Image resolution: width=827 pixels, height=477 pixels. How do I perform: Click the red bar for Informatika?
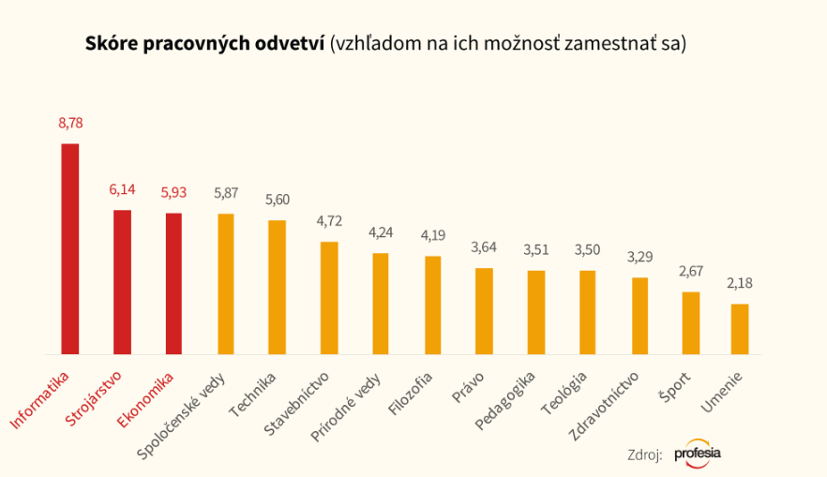coord(69,248)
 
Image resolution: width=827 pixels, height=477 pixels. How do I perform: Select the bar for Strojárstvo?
coord(122,281)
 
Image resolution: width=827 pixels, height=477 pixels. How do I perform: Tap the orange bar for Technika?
coord(277,287)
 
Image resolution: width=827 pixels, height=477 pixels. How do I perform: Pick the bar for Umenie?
coord(740,328)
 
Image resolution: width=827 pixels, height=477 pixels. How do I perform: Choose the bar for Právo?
coord(484,310)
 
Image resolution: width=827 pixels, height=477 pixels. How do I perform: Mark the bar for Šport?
coord(691,322)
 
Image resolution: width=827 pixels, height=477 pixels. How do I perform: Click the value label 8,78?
coord(70,123)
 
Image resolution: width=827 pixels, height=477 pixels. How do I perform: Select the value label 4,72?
coord(329,222)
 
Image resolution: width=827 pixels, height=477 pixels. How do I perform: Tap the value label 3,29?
coord(640,257)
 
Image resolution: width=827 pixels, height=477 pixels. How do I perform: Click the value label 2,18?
coord(740,283)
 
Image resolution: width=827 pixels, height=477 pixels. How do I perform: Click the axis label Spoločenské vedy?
coord(187,415)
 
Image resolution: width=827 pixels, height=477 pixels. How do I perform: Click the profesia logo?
coord(698,454)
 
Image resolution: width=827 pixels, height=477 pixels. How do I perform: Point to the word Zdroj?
coord(644,455)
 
